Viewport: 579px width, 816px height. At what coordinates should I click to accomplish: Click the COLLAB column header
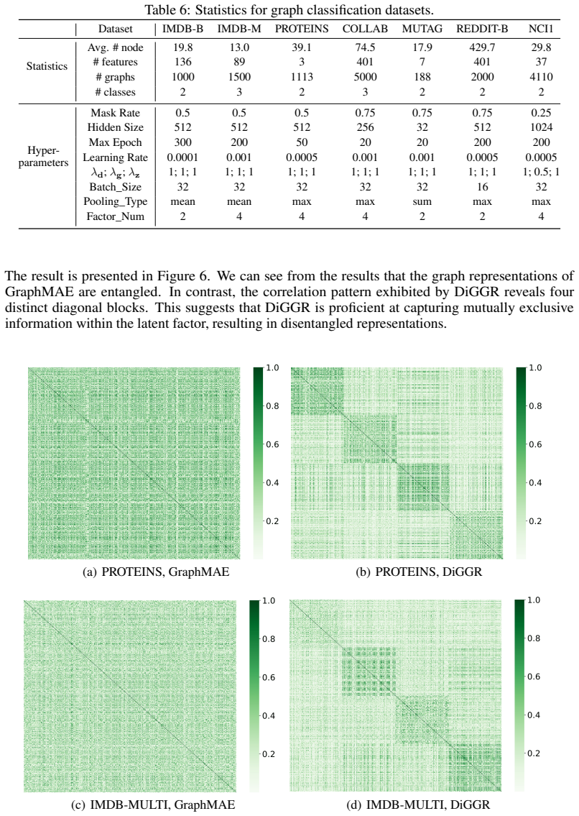[x=365, y=29]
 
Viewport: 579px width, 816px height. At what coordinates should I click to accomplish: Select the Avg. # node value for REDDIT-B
[x=482, y=47]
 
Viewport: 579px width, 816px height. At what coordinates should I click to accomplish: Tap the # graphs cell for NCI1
[x=541, y=77]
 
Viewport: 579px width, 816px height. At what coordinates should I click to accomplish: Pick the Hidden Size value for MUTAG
[x=422, y=127]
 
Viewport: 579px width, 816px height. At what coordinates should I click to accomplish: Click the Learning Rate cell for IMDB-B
[x=182, y=157]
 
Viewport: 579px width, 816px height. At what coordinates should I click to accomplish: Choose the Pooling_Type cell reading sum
[x=422, y=202]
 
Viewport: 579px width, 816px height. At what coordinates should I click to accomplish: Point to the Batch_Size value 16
[x=482, y=187]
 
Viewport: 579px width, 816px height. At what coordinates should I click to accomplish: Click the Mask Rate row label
[x=115, y=113]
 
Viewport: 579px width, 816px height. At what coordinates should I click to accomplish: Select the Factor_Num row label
[x=115, y=216]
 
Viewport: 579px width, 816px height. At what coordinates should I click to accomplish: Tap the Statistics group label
[x=47, y=66]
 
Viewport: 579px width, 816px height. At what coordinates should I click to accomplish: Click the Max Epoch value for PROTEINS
[x=302, y=142]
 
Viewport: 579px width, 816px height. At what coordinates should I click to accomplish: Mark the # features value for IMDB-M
[x=239, y=62]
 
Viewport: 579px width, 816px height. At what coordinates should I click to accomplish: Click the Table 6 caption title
[x=289, y=9]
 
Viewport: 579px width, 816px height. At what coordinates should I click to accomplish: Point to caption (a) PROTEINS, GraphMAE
[x=156, y=572]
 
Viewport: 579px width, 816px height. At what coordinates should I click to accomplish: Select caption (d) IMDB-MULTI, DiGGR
[x=418, y=804]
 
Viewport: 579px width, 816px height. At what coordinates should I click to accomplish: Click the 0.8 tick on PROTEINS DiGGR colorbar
[x=535, y=406]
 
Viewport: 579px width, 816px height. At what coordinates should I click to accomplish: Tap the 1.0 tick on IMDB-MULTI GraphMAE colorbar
[x=269, y=600]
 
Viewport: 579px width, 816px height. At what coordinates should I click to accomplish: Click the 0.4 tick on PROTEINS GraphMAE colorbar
[x=272, y=482]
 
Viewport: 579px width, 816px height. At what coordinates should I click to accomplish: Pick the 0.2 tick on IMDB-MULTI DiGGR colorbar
[x=534, y=753]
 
